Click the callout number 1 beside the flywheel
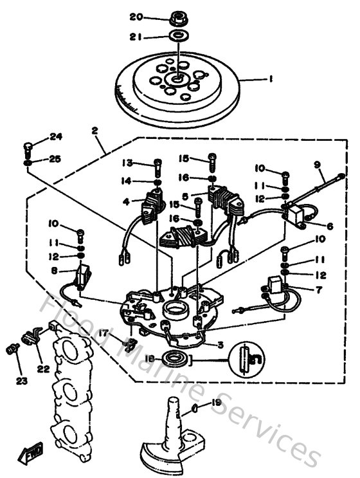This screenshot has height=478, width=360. tap(271, 79)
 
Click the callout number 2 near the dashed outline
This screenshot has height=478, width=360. tap(94, 131)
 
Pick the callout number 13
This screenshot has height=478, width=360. tap(129, 161)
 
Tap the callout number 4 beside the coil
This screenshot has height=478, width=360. tap(127, 201)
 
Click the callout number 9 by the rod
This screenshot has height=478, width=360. tap(317, 164)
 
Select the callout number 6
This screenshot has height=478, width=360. tap(330, 226)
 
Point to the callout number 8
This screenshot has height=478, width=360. tap(54, 271)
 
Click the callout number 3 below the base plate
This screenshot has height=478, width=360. tap(221, 345)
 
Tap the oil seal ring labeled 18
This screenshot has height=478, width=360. tap(175, 358)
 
